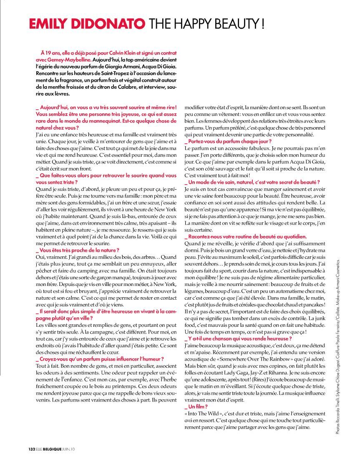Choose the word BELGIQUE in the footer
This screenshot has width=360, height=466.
point(53,449)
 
